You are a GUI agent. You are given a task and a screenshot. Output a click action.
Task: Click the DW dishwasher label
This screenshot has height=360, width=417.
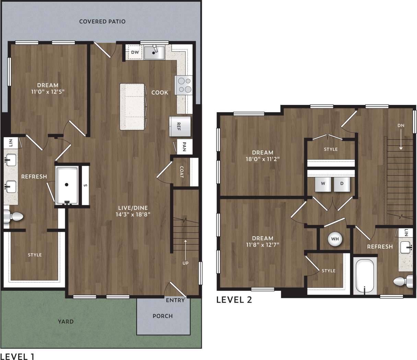click(x=135, y=52)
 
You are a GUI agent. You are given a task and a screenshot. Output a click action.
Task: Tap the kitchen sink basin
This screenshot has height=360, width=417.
click(x=154, y=53)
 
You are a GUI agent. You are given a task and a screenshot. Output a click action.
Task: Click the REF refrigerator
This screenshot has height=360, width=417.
click(x=179, y=126)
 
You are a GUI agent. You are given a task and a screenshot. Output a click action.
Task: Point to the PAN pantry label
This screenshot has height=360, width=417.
click(x=184, y=147)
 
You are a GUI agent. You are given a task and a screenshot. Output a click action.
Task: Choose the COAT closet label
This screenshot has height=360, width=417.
click(x=182, y=172)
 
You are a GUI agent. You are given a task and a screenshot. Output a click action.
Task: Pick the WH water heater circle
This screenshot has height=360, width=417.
click(x=335, y=239)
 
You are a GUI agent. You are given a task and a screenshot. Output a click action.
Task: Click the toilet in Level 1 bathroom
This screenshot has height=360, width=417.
click(x=13, y=217)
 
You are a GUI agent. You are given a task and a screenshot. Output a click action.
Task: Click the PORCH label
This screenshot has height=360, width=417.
click(x=163, y=316)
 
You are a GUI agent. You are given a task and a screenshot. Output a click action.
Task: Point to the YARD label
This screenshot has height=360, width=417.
click(x=66, y=322)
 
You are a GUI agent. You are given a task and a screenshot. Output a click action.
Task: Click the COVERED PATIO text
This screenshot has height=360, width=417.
click(x=102, y=22)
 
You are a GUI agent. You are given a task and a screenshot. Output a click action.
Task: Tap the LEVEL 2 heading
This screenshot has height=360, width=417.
click(x=234, y=300)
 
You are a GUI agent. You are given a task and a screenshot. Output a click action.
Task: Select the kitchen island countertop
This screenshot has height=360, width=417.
click(x=132, y=106)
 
